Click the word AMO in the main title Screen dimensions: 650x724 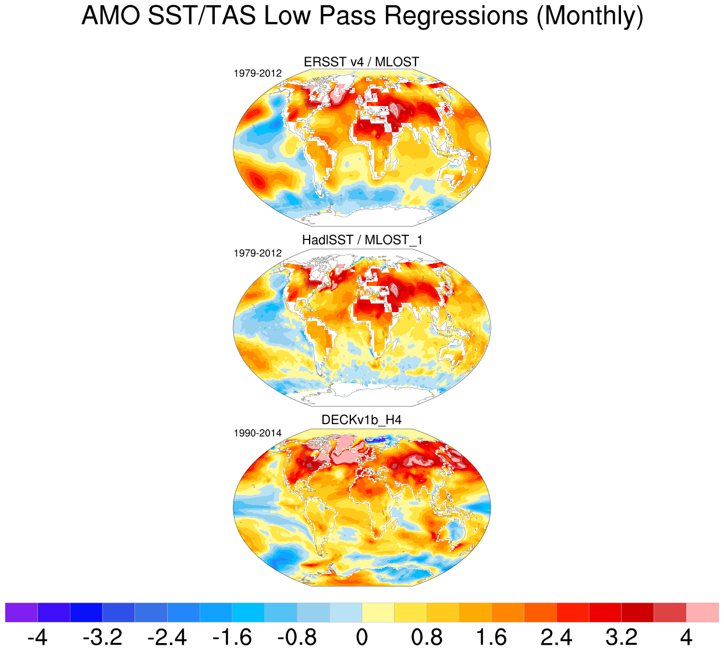[x=111, y=16]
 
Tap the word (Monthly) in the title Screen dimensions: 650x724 [x=590, y=16]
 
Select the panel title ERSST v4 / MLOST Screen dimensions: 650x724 [x=361, y=62]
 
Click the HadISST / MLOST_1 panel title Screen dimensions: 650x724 [x=361, y=240]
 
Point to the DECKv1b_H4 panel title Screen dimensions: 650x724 [x=361, y=420]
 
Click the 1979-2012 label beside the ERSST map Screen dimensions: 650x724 [x=258, y=73]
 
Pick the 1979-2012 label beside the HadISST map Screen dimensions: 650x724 [x=258, y=253]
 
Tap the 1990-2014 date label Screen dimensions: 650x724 [x=258, y=433]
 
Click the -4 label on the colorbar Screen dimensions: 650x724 [x=37, y=637]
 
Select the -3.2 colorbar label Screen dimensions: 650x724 [x=102, y=637]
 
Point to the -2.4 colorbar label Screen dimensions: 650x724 [x=167, y=637]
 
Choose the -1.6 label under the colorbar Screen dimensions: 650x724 [x=232, y=637]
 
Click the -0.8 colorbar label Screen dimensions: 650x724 [x=297, y=637]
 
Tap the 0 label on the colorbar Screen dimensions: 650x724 [x=362, y=637]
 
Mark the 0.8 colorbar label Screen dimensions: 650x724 [x=427, y=637]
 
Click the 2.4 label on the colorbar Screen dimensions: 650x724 [x=556, y=637]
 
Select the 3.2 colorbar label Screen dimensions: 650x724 [x=622, y=637]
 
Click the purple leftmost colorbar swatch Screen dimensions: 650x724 [x=21, y=612]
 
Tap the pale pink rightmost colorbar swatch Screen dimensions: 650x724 [x=702, y=612]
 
